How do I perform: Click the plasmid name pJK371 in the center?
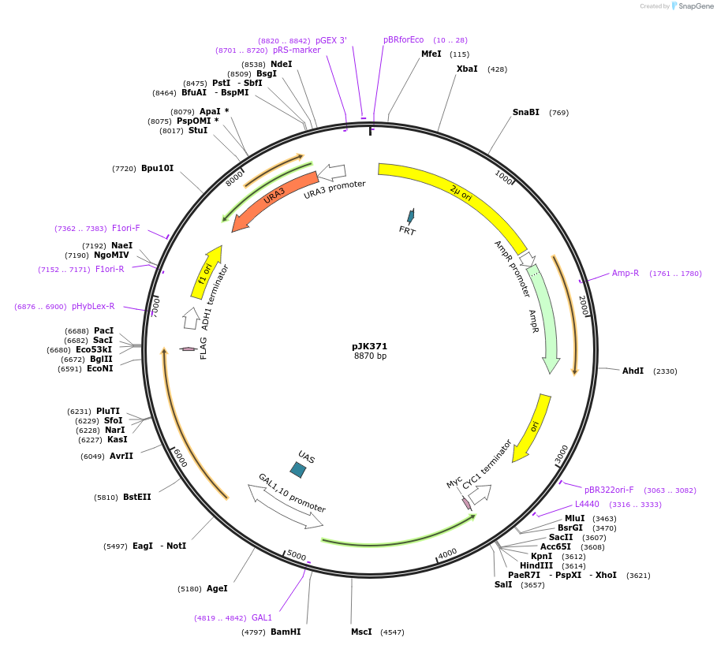(370, 346)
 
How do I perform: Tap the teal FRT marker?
(410, 215)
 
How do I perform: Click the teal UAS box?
(298, 470)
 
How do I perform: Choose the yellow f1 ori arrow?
(207, 273)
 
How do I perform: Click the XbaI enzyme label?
(467, 69)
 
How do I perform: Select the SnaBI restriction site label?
(526, 112)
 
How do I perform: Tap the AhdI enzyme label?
(633, 371)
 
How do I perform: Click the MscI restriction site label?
(361, 632)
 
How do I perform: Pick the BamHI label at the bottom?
(286, 632)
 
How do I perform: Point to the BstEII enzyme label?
(136, 497)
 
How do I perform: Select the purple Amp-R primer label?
(626, 274)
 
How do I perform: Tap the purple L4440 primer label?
(587, 504)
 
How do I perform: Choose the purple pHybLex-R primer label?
(93, 306)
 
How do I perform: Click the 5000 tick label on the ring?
(296, 555)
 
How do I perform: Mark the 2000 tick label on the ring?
(584, 305)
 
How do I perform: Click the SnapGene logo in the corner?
(693, 6)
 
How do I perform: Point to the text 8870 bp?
(370, 356)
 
